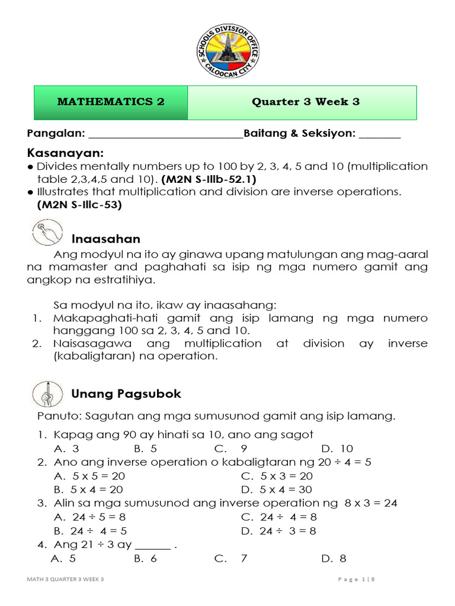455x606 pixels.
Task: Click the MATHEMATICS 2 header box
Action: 111,102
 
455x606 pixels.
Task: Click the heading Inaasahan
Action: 106,238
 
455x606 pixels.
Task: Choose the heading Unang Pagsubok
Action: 126,394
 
